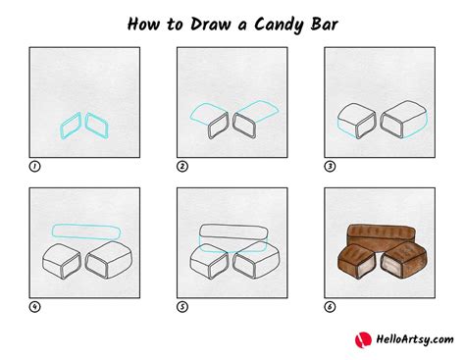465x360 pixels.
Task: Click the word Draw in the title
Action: [211, 25]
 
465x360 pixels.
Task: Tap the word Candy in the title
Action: [280, 26]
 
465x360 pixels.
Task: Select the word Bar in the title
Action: [324, 25]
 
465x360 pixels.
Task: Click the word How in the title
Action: [143, 25]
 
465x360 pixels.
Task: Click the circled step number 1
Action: [34, 167]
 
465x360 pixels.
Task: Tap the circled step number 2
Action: [182, 167]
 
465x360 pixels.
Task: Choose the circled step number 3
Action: [330, 167]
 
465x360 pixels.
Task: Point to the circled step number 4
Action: [34, 307]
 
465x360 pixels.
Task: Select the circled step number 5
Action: [182, 307]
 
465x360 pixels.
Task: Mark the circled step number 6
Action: [330, 307]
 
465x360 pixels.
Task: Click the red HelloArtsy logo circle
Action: [363, 340]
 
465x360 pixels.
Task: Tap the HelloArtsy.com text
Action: [415, 339]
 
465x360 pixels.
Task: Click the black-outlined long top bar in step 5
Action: [233, 226]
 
